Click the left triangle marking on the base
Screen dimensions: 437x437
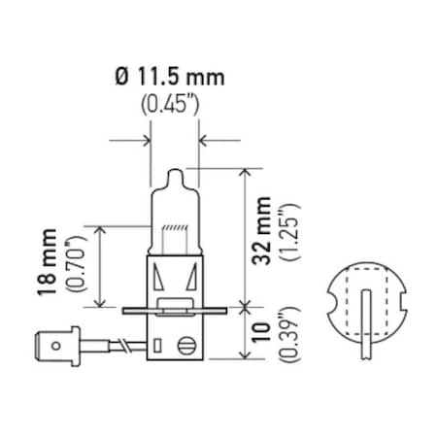160,282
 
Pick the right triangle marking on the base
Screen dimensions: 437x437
189,282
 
